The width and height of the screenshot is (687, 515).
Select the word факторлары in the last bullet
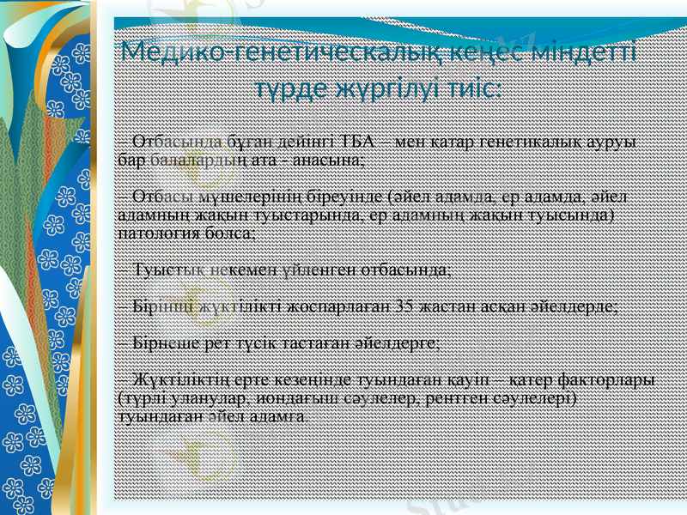coord(615,379)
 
